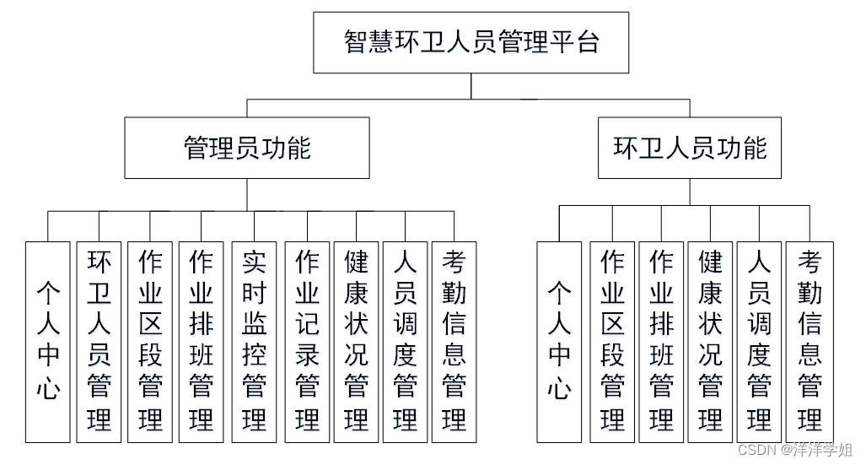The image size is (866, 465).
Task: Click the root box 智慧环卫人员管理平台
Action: (471, 42)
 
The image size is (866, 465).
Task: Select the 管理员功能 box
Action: (247, 148)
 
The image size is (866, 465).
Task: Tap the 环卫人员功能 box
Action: (689, 148)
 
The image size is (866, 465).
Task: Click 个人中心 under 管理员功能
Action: (47, 342)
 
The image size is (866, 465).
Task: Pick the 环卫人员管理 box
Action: (99, 342)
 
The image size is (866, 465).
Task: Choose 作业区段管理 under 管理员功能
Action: (150, 342)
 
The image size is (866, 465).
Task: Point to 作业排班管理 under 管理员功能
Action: (201, 342)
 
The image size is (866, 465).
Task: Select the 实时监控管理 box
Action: (254, 342)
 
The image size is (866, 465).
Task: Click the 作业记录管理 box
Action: (307, 342)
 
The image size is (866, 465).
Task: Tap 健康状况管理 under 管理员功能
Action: (357, 342)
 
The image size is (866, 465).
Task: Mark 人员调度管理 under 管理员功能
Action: (405, 342)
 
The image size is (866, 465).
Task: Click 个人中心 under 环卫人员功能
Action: (559, 342)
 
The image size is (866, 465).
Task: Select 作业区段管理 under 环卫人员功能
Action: (612, 342)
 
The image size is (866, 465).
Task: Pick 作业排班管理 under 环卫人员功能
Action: (661, 342)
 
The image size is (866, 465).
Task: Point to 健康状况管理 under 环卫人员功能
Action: (710, 342)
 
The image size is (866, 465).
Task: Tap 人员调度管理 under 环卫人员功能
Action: (759, 342)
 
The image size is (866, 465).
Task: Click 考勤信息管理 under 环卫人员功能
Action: (810, 342)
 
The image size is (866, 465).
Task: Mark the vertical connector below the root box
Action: (471, 86)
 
